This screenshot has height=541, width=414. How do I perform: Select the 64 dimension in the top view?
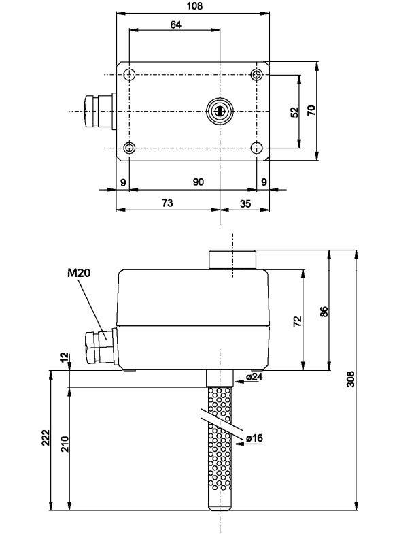[x=174, y=24]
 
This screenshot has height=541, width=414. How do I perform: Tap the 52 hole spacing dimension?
[x=294, y=111]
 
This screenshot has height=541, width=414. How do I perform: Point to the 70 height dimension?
[x=311, y=111]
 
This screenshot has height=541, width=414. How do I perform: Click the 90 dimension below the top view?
[x=198, y=182]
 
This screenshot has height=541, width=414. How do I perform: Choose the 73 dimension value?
[x=167, y=203]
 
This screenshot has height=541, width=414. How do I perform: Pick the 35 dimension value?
[x=245, y=203]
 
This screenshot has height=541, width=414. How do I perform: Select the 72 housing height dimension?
[x=297, y=321]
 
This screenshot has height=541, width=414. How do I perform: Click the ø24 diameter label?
[x=254, y=376]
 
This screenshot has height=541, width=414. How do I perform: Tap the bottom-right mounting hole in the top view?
[x=257, y=148]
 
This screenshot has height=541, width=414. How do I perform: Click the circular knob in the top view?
[x=220, y=110]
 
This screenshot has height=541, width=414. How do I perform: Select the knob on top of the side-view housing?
[x=233, y=260]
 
